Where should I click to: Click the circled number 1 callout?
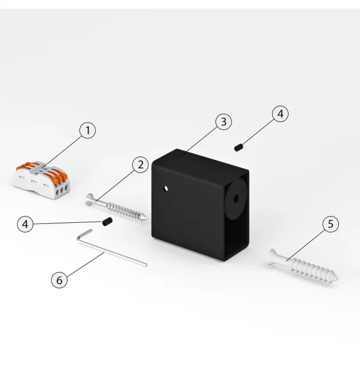[87, 130]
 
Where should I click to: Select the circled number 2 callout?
[141, 165]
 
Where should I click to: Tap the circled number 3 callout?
[223, 122]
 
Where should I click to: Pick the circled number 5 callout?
[331, 224]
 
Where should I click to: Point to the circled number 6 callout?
[59, 280]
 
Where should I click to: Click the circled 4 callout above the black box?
[281, 114]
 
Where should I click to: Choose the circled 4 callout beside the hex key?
[25, 224]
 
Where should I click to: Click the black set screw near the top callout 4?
[238, 147]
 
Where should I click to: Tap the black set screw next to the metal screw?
[107, 222]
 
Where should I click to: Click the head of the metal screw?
[89, 200]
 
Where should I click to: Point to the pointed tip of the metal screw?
[147, 219]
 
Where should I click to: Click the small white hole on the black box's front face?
[166, 188]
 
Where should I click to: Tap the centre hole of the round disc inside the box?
[236, 199]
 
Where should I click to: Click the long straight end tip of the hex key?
[146, 266]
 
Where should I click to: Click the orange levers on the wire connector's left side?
[26, 166]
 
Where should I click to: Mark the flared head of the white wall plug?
[272, 257]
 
